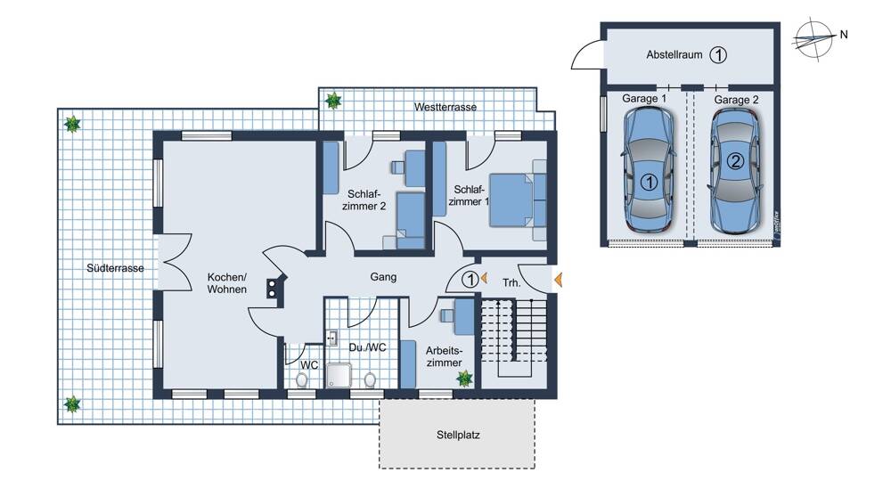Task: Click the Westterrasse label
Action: [445, 107]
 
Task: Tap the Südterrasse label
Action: [115, 268]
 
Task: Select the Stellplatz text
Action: [458, 435]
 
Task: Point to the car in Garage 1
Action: [649, 169]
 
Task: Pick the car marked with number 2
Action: [735, 170]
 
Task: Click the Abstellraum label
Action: [674, 54]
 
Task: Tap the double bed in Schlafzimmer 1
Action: [519, 200]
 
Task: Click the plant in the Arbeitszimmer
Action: [465, 379]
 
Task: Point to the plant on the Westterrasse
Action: [333, 101]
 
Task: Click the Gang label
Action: [383, 277]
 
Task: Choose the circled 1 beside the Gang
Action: [470, 280]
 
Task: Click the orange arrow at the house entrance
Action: [558, 280]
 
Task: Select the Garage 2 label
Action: [736, 100]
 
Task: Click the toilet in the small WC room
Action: [302, 379]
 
